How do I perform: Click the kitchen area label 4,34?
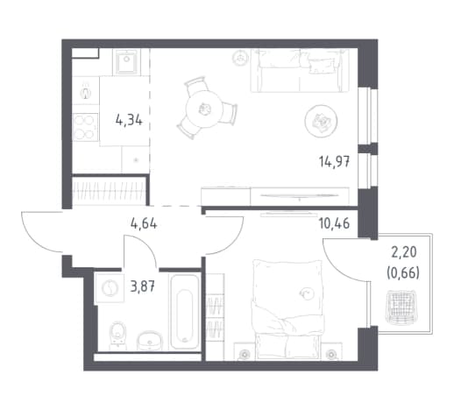tap(129, 120)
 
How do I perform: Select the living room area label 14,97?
tap(334, 161)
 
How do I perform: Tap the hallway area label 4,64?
tap(144, 224)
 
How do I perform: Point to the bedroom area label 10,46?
tap(334, 224)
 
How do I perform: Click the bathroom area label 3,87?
tap(143, 287)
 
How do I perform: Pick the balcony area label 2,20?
tap(403, 252)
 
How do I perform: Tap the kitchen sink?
tap(126, 61)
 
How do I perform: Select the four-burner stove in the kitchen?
tap(85, 127)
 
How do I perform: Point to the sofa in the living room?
tap(300, 70)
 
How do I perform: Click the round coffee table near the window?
tap(321, 121)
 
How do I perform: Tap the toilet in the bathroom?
tap(118, 336)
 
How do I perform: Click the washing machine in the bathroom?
tap(110, 288)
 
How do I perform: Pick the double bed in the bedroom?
tap(288, 309)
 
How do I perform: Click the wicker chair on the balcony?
tap(401, 307)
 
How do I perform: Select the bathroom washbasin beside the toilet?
tap(149, 341)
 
